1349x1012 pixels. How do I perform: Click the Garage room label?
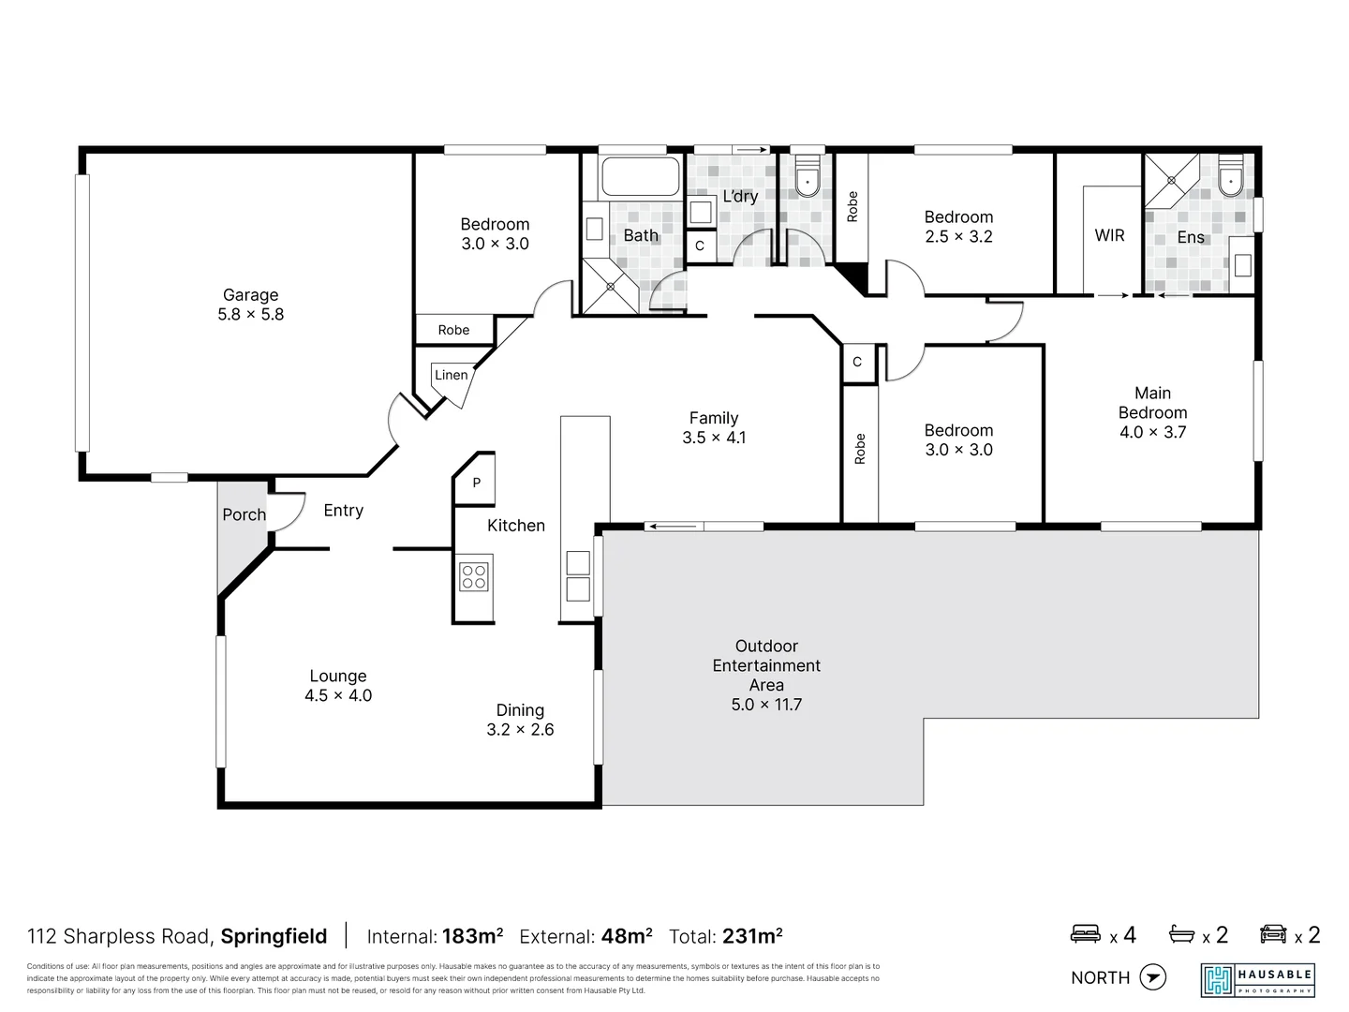(x=250, y=295)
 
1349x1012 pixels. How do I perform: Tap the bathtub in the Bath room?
(x=640, y=177)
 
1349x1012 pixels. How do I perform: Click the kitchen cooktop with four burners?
(x=474, y=576)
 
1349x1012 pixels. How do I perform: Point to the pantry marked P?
(x=476, y=484)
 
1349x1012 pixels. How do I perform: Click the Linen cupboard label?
(x=451, y=375)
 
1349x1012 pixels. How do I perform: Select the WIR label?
(x=1109, y=236)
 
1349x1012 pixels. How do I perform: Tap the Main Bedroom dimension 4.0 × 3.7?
(x=1152, y=432)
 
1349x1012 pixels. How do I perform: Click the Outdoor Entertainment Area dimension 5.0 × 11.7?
(x=766, y=705)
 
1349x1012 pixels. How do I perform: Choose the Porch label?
(x=244, y=514)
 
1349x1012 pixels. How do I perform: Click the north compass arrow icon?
(x=1153, y=977)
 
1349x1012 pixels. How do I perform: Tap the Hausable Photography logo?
(x=1257, y=979)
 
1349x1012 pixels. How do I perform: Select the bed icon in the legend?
(x=1086, y=934)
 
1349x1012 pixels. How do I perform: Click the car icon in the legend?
(x=1273, y=934)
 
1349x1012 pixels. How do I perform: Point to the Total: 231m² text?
(x=725, y=936)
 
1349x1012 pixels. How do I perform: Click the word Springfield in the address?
(x=274, y=936)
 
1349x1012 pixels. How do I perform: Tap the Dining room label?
(x=520, y=710)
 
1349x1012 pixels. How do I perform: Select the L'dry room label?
(x=739, y=197)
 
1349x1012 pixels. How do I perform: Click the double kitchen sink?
(x=578, y=575)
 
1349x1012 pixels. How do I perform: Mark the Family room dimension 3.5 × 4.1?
(x=714, y=438)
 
